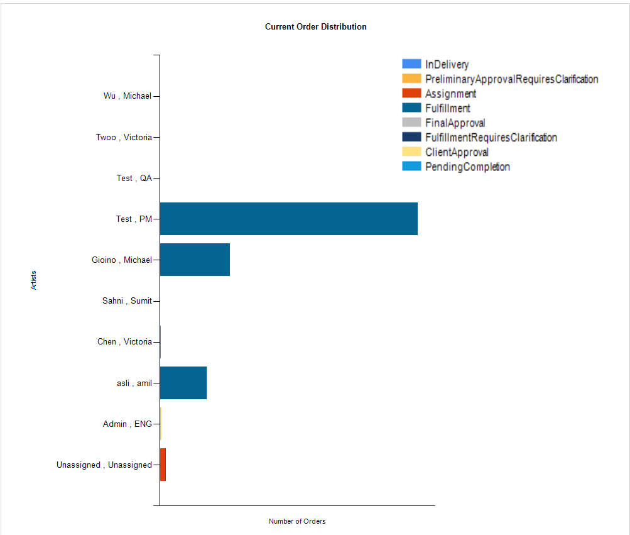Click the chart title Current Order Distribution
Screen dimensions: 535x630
(x=315, y=27)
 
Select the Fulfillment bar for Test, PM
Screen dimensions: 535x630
(x=288, y=219)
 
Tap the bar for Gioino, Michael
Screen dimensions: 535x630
(x=195, y=260)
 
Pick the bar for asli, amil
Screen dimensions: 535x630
(x=183, y=383)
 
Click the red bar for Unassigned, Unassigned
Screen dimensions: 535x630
(x=163, y=465)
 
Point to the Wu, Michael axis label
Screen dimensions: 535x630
(x=128, y=96)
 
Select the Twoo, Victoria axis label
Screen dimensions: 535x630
(x=124, y=137)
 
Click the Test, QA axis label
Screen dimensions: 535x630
(x=134, y=178)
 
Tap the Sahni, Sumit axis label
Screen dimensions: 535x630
(x=127, y=301)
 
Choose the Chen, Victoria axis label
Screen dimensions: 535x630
(x=124, y=342)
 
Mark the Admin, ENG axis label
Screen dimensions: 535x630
(x=127, y=424)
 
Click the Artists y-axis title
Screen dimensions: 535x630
(x=33, y=280)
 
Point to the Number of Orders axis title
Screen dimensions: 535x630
(x=297, y=521)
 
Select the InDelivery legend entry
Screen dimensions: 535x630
(x=447, y=64)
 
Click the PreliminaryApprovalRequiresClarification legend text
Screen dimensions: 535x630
(x=511, y=79)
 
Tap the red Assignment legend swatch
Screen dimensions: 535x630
(x=411, y=94)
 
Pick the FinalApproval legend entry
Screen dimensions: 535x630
(x=455, y=123)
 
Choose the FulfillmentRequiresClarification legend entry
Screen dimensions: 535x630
(x=491, y=138)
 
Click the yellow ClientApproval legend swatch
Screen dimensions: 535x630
(x=411, y=152)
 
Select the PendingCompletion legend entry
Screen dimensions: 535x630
(x=467, y=167)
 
